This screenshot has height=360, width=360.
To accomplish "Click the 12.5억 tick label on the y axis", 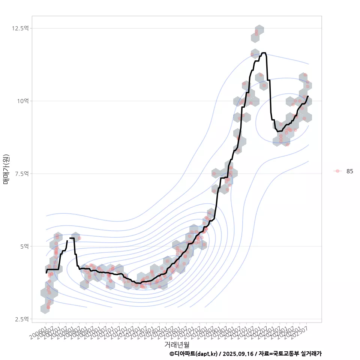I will pyautogui.click(x=20, y=28).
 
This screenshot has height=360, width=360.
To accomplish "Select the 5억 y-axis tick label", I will pyautogui.click(x=23, y=246).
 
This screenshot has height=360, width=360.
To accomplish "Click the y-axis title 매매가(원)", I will pyautogui.click(x=6, y=169).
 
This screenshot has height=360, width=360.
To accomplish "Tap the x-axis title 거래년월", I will pyautogui.click(x=177, y=344).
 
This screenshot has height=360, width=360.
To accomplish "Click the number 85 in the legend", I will pyautogui.click(x=349, y=171).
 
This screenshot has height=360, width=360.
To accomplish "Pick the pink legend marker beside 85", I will pyautogui.click(x=337, y=171).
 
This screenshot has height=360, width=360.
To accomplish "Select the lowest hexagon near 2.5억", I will pyautogui.click(x=45, y=309).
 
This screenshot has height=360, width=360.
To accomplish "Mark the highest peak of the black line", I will pyautogui.click(x=264, y=53).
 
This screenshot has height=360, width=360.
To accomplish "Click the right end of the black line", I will pyautogui.click(x=308, y=96).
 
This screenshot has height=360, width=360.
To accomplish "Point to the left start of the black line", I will pyautogui.click(x=46, y=273).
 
